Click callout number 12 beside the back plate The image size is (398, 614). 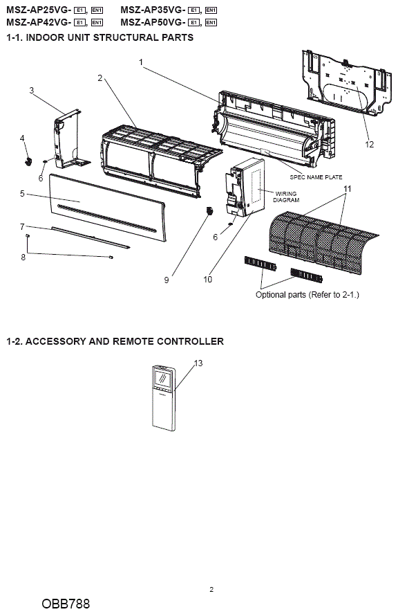click(370, 145)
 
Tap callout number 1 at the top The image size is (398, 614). click(141, 62)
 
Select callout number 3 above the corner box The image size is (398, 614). click(32, 91)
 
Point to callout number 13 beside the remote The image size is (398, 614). click(198, 363)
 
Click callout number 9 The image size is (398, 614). click(167, 280)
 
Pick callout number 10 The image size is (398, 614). click(207, 279)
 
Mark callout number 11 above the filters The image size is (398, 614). click(347, 189)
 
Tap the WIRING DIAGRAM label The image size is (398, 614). click(286, 197)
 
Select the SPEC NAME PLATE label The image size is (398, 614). click(316, 177)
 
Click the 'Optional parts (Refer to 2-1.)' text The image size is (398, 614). click(307, 294)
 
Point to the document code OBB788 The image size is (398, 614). click(66, 604)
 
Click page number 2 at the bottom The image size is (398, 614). click(211, 589)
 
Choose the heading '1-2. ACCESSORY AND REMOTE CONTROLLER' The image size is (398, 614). click(115, 341)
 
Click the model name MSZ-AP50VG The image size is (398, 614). click(153, 22)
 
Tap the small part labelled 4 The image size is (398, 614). click(28, 161)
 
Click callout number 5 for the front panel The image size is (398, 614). click(22, 193)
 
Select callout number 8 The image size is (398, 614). click(23, 257)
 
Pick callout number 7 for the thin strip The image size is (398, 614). click(22, 226)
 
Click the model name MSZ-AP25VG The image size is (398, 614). click(38, 10)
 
